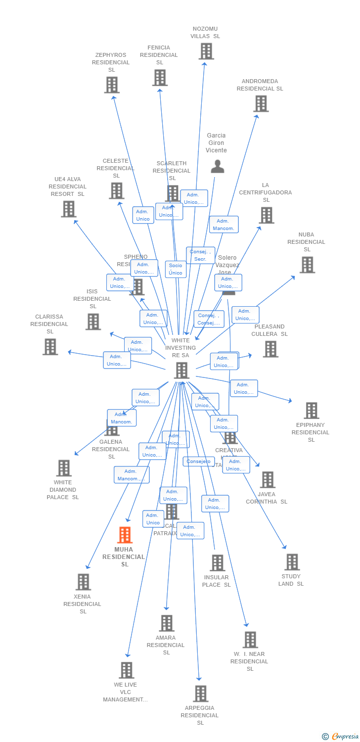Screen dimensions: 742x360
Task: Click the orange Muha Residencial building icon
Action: point(125,535)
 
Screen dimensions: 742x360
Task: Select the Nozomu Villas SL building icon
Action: point(206,51)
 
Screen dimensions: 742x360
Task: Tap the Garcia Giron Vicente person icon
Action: point(218,167)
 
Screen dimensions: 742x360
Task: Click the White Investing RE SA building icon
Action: point(181,370)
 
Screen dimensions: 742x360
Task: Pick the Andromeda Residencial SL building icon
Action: point(261,103)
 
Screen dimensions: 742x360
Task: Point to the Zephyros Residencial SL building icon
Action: point(112,85)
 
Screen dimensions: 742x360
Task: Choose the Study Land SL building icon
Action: point(292,562)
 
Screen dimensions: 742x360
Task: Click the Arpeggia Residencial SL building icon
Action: point(200,694)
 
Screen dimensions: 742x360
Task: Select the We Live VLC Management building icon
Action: point(127,670)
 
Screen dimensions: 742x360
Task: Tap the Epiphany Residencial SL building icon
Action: point(312,411)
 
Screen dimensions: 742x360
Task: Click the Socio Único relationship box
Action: point(176,269)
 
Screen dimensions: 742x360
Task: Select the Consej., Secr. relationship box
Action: point(200,255)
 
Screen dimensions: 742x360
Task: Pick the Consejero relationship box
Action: point(199,462)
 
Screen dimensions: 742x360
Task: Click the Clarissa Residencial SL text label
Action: point(49,324)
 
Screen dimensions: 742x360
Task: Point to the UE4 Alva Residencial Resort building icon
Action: point(69,209)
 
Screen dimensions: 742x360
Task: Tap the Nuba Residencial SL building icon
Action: point(307,265)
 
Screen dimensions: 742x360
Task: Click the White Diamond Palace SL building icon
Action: point(64,468)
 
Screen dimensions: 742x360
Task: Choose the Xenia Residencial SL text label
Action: point(83,604)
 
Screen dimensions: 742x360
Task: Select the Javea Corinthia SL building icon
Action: point(268,479)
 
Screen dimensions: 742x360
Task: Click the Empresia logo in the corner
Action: point(341,737)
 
